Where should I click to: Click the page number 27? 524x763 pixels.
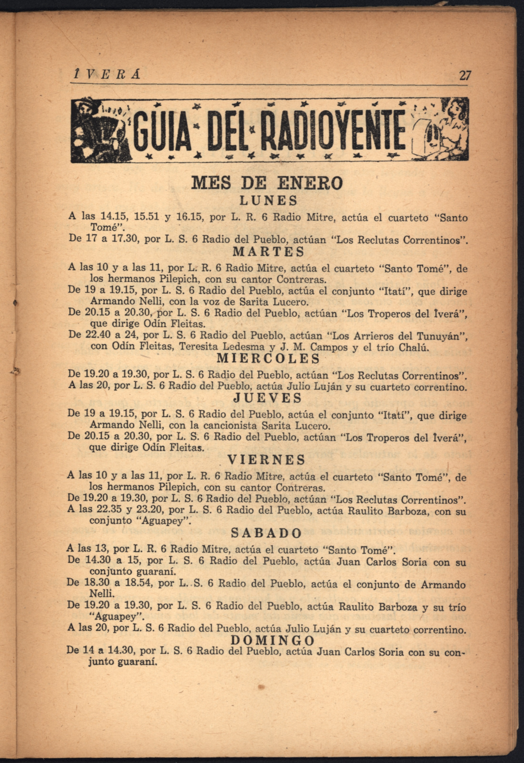[x=465, y=76]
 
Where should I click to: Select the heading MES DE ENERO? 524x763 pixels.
[x=267, y=183]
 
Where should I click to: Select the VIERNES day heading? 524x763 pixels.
[x=266, y=460]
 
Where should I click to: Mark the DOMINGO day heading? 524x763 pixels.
[x=272, y=640]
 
